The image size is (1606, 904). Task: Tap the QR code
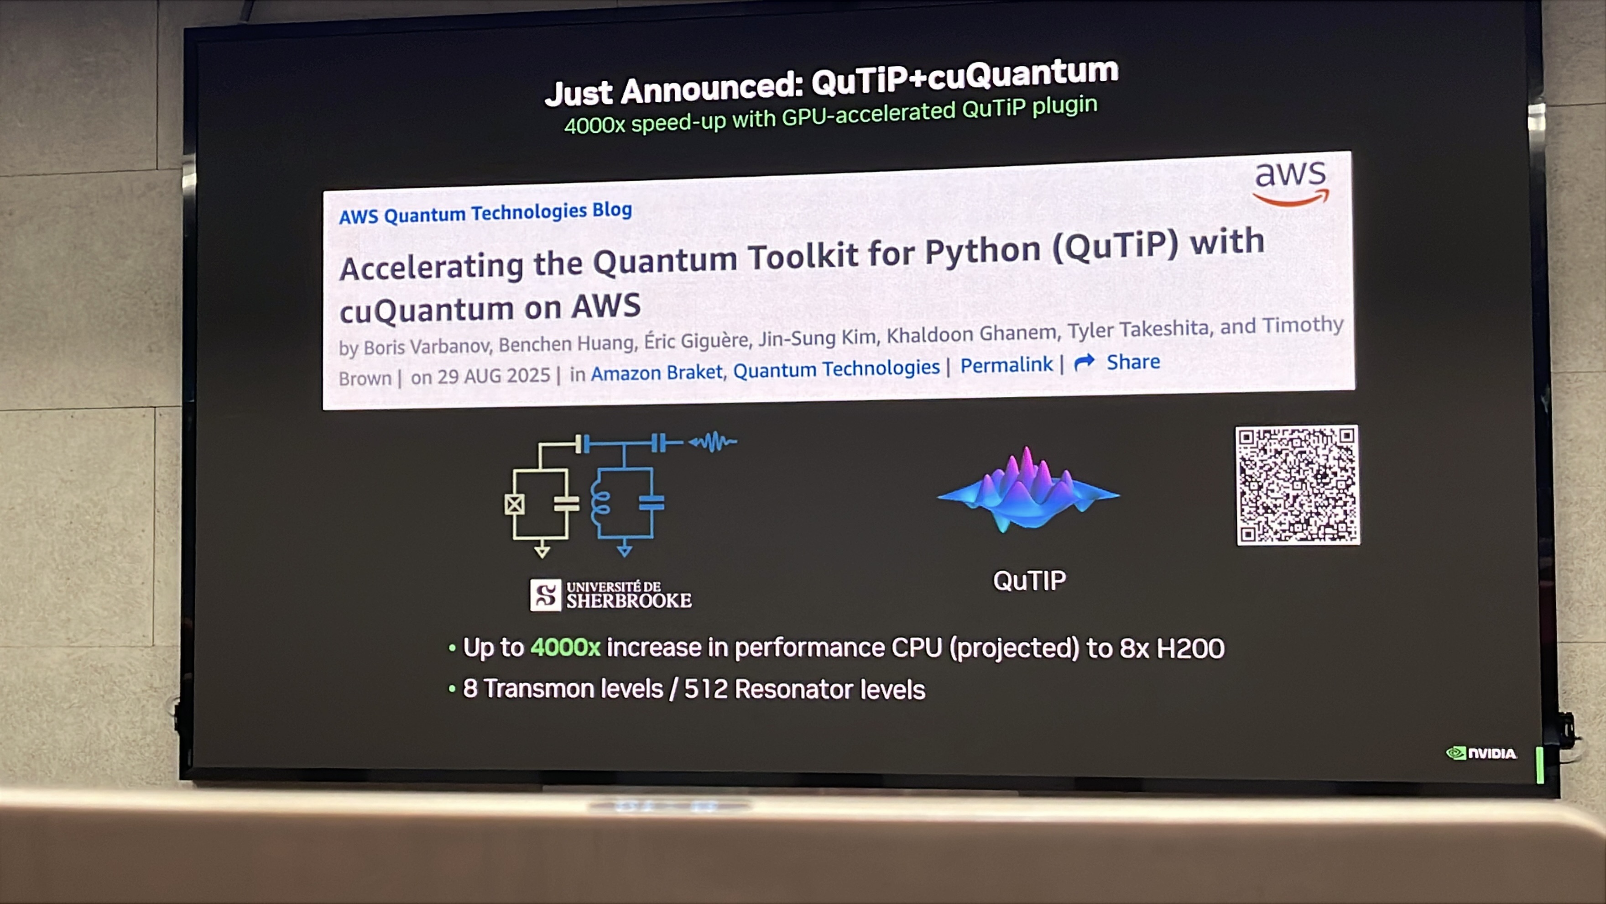point(1298,485)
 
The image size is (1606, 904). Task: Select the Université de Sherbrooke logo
point(610,594)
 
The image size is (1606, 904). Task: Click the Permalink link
point(1006,365)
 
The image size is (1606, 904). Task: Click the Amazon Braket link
point(657,373)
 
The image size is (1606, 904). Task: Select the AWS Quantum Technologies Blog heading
point(485,213)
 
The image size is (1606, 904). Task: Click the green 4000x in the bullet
point(565,647)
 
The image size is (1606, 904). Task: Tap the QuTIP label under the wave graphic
point(1029,581)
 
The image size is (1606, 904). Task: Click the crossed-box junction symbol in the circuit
point(514,504)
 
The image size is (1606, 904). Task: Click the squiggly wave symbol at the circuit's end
point(713,442)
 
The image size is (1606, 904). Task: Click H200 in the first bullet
point(1190,649)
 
